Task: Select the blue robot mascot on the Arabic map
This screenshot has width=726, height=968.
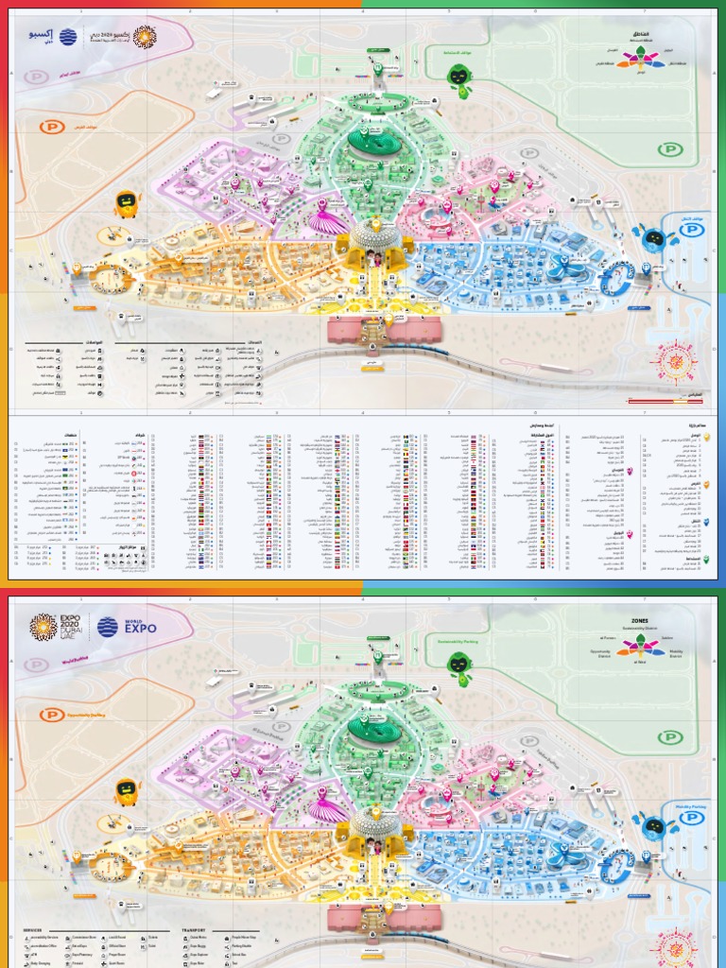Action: pyautogui.click(x=653, y=237)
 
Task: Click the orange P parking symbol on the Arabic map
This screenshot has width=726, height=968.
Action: pyautogui.click(x=47, y=127)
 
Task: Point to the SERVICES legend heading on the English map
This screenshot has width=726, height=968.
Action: pyautogui.click(x=32, y=929)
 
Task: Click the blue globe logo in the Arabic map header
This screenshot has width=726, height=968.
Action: pyautogui.click(x=69, y=37)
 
